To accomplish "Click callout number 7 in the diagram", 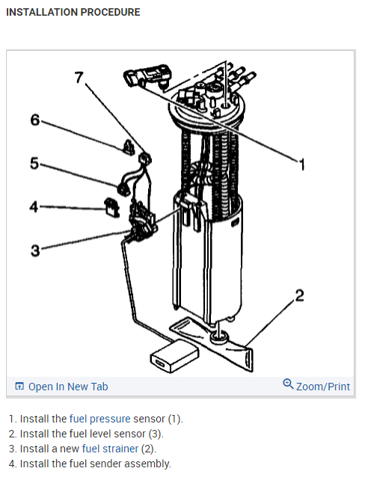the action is pos(79,77).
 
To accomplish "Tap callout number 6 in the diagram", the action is pos(35,120).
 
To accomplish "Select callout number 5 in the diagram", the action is pos(34,164).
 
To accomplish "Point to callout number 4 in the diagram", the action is pos(34,207).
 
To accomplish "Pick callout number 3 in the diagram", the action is pos(35,250).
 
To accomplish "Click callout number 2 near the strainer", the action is pos(299,295).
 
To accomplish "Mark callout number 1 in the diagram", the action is pos(301,164).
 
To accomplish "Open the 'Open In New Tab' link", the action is pos(68,387).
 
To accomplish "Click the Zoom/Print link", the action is pos(323,387).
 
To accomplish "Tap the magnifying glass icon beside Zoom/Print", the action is pos(288,384).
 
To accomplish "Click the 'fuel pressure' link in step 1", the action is pos(99,419).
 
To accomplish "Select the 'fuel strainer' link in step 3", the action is pos(110,449).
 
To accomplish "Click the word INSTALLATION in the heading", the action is pos(42,12).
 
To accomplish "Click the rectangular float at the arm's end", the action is pos(174,357).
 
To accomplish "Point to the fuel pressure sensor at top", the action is pos(147,76).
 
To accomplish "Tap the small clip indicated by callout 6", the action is pos(128,147).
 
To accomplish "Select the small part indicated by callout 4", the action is pos(112,207).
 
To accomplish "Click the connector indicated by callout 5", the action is pos(123,189).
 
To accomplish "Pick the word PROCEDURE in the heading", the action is pos(111,12).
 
